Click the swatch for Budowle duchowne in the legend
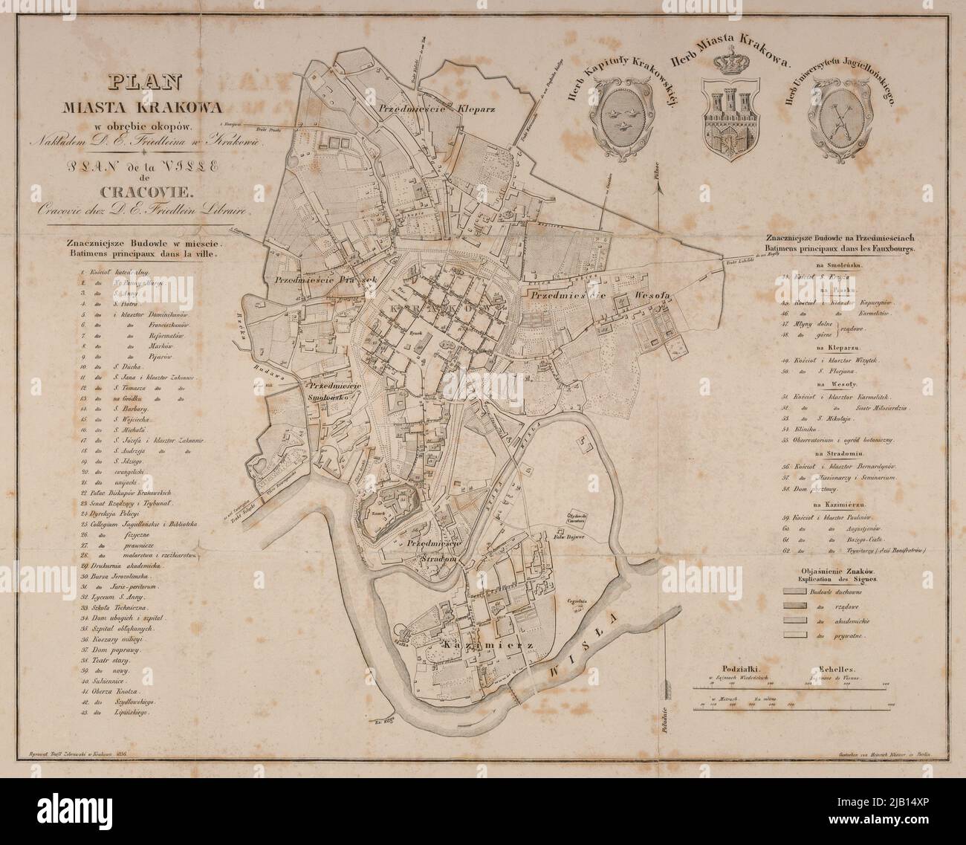pyautogui.click(x=794, y=591)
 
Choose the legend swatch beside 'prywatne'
pyautogui.click(x=794, y=636)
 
